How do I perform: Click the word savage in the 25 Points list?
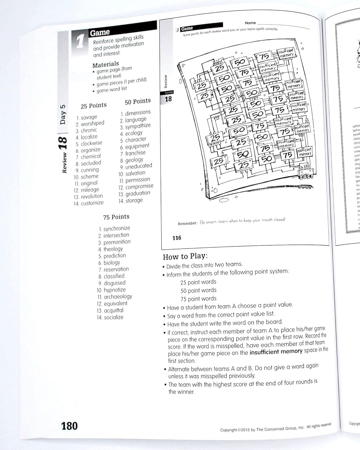tap(89, 117)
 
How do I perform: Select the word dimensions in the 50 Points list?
tap(138, 113)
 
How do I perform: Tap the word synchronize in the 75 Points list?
tap(117, 228)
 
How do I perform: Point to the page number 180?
tap(69, 426)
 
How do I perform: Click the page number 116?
tap(177, 238)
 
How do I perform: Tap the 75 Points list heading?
tap(116, 217)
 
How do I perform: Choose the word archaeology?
tap(118, 297)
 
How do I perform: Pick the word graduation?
tap(138, 193)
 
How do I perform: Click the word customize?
tap(92, 203)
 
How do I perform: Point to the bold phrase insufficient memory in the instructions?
tap(276, 351)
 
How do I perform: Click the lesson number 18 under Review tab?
tap(168, 99)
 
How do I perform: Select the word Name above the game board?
tap(250, 23)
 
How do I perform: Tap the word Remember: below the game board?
tap(187, 223)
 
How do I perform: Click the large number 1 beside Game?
tap(80, 41)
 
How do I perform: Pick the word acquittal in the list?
tap(113, 310)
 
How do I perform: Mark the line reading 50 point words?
tap(198, 290)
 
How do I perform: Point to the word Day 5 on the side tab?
tap(63, 114)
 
